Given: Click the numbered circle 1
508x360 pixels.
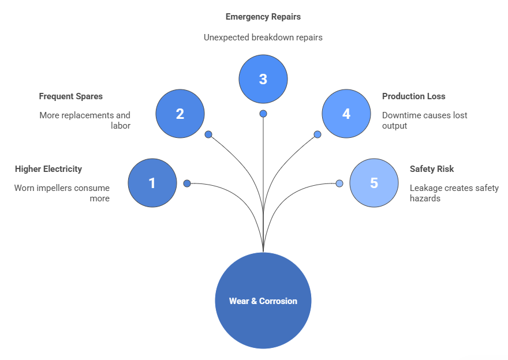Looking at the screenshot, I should click(x=152, y=183).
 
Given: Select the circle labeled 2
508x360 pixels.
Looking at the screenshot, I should click(x=180, y=114).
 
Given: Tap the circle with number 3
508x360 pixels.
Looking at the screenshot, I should click(x=263, y=78).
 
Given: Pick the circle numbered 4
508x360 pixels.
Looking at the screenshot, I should click(x=346, y=114).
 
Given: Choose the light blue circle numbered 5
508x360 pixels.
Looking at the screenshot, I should click(x=373, y=183).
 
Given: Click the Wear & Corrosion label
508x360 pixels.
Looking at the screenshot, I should click(x=263, y=301).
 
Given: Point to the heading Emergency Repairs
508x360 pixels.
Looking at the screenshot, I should click(x=263, y=17).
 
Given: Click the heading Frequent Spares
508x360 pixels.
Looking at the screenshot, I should click(x=70, y=96).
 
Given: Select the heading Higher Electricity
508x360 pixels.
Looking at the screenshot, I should click(x=48, y=169).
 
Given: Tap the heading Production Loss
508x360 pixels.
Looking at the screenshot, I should click(x=413, y=96).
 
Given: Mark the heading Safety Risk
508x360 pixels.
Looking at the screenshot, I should click(x=432, y=169).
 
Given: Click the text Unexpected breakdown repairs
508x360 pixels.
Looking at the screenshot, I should click(x=263, y=37).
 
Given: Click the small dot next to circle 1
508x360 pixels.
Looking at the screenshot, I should click(x=187, y=183).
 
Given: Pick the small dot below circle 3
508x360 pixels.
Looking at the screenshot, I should click(x=263, y=114).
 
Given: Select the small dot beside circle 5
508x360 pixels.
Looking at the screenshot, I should click(x=339, y=183).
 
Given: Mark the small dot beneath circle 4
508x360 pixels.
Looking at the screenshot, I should click(x=317, y=134).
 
